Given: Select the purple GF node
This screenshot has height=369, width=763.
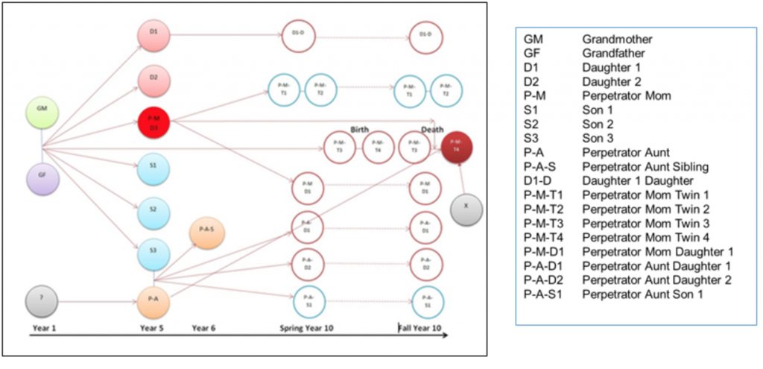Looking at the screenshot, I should (42, 180).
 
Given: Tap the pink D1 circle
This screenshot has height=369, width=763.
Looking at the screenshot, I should (154, 34).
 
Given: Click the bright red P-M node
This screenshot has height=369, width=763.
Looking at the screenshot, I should (154, 122).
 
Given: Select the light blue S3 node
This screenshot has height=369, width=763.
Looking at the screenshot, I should (154, 254).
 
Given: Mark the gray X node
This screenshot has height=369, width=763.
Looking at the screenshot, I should (466, 208).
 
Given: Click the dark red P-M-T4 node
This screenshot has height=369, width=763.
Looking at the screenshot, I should (457, 145).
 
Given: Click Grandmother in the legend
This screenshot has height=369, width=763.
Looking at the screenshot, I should (618, 38).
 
